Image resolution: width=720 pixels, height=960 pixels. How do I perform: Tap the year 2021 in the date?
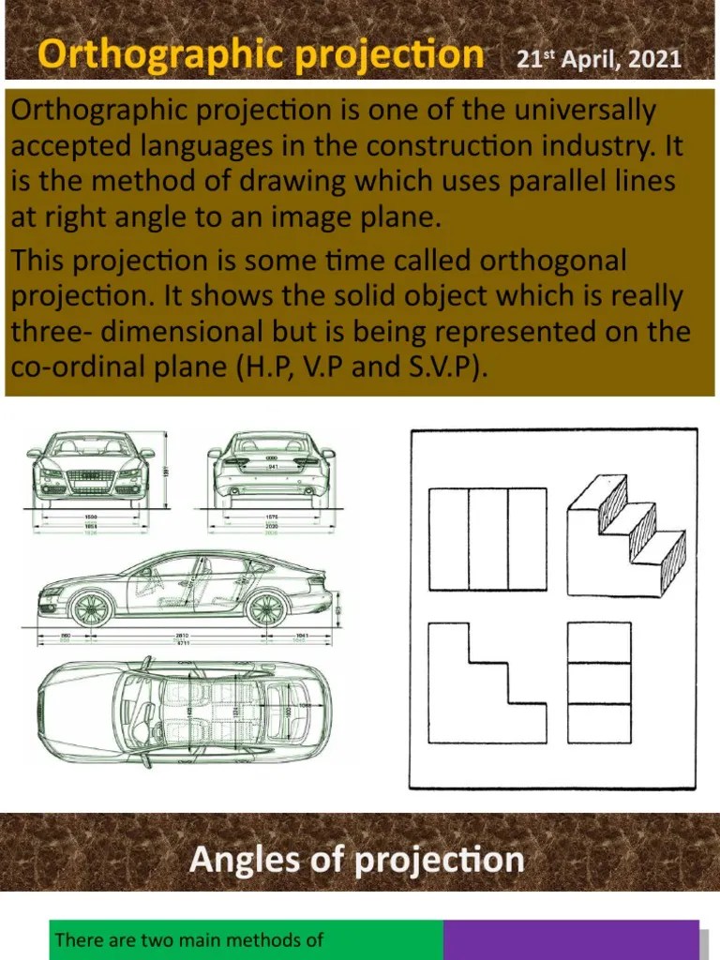click(655, 61)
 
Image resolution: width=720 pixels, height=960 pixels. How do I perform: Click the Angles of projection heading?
click(357, 860)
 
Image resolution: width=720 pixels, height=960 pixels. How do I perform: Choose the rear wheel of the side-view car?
click(264, 609)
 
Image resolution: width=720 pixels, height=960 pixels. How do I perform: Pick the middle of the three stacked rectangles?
click(599, 683)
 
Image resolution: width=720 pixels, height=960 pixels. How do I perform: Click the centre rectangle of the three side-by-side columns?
click(487, 538)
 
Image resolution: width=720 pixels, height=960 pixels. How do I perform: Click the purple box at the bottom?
click(571, 939)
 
